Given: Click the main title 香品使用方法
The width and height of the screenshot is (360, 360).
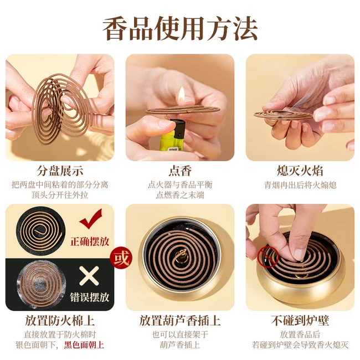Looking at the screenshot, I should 180,28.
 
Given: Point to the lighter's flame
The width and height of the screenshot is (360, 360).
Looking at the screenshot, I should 180,95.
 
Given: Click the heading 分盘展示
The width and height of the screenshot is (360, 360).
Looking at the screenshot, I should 60,171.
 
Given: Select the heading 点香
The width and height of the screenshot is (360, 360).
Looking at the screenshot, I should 180,171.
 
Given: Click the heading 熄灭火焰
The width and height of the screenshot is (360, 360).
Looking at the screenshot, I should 300,171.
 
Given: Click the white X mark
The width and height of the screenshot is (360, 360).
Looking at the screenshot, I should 89,274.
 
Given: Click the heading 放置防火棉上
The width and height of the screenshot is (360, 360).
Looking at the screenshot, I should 60,321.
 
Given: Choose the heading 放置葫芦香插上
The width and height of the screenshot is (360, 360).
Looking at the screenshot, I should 180,321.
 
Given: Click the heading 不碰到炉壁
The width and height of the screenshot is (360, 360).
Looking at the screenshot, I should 300,321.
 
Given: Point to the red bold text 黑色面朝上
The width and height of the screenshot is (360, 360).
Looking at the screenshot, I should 83,344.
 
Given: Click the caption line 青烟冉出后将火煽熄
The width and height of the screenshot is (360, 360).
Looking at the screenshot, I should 300,185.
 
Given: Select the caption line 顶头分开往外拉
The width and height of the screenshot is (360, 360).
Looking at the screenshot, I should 60,195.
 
